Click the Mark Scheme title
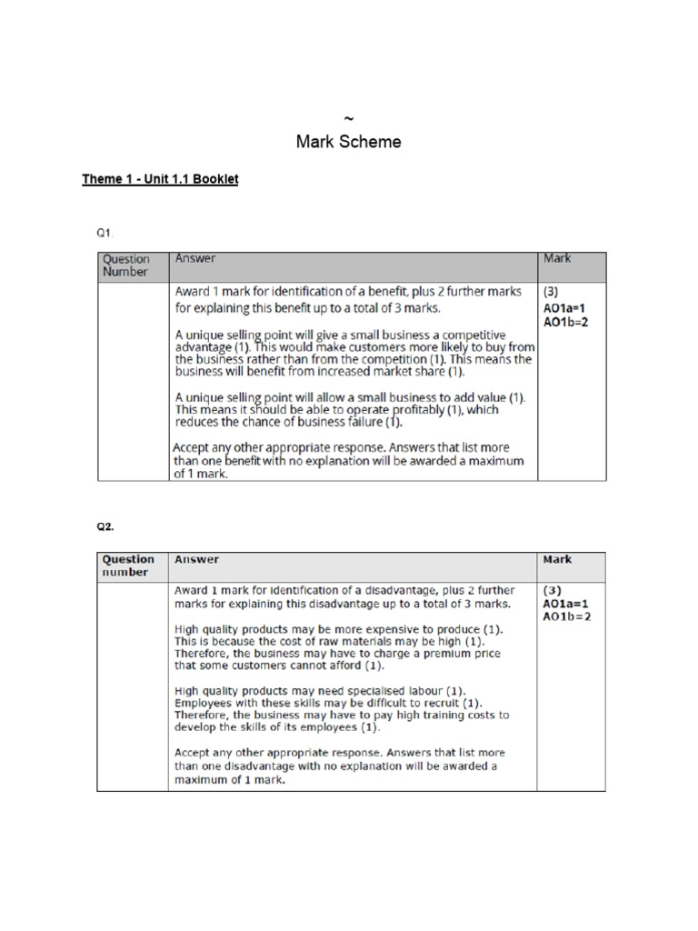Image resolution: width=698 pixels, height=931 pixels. [348, 142]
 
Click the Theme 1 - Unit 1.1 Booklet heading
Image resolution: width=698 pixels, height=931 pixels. [160, 179]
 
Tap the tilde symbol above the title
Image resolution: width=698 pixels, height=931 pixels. [348, 119]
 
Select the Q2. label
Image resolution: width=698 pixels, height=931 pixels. [106, 526]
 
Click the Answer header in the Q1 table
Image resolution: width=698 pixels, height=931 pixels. [195, 259]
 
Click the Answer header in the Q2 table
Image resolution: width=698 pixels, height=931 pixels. [196, 560]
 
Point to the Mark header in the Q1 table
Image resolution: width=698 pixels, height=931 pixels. [557, 259]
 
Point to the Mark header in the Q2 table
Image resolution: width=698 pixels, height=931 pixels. [557, 560]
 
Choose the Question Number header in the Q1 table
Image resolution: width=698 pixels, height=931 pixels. [126, 265]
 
